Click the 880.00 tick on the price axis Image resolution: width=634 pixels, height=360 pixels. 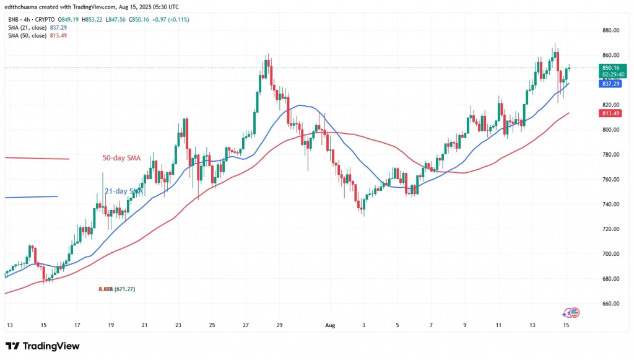click(x=612, y=30)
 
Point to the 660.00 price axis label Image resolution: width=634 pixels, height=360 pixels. click(x=612, y=304)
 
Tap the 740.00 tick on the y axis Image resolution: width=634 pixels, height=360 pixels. click(x=612, y=204)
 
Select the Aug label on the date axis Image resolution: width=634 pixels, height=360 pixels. click(x=329, y=325)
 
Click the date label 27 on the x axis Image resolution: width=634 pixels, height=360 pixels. click(x=246, y=325)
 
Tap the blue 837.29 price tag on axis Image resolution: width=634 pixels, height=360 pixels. click(x=612, y=84)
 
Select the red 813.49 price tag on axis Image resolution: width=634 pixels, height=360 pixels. click(x=612, y=113)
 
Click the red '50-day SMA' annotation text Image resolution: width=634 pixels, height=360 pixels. click(x=121, y=159)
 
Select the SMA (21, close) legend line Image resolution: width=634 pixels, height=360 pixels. click(x=37, y=27)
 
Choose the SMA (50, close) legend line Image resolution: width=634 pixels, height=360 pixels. click(x=37, y=35)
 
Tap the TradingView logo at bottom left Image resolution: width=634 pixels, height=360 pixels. click(x=42, y=345)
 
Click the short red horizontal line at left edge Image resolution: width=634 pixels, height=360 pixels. click(x=37, y=159)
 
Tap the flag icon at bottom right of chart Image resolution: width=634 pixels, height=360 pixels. click(x=574, y=313)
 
